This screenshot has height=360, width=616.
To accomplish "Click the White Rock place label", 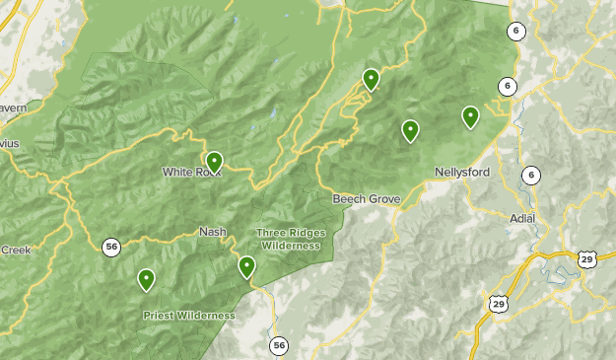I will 191,172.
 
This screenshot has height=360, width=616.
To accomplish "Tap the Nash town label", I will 212,232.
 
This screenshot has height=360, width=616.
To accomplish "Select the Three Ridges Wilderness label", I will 289,239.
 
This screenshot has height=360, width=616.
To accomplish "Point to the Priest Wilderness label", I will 188,316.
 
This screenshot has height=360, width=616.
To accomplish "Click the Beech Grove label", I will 366,198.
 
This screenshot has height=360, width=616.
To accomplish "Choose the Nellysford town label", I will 463,173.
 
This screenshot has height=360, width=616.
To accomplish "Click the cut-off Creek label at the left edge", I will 15,250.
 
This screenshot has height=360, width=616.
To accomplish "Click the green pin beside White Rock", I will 215,161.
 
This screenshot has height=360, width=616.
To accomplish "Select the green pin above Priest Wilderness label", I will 146,280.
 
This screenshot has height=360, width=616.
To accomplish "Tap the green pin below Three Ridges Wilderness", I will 246,266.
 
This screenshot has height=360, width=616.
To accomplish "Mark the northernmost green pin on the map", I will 371,79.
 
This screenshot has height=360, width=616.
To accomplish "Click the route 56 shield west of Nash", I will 111,247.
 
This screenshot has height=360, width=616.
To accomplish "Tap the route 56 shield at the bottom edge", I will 279,344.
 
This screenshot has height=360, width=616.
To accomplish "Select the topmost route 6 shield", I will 516,31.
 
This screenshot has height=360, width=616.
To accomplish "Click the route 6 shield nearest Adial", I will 530,176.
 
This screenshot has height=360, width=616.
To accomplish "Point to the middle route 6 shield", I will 507,86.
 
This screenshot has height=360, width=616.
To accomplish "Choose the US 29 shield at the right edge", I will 587,258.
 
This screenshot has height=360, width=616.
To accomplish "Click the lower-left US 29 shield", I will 497,301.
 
